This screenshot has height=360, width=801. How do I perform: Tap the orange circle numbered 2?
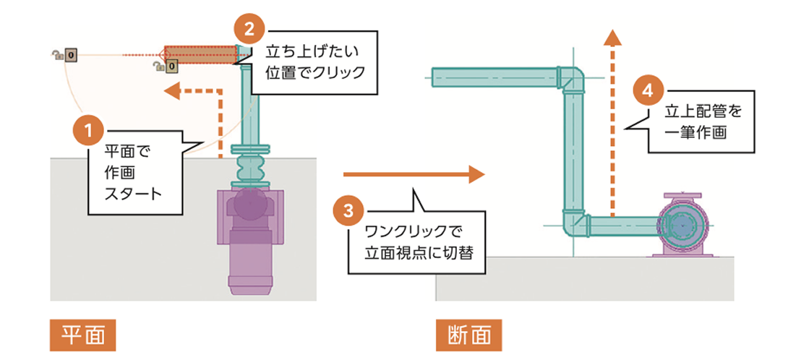tap(250, 30)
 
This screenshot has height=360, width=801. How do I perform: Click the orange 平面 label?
tap(83, 334)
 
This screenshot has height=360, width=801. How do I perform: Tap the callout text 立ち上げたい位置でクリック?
tap(315, 62)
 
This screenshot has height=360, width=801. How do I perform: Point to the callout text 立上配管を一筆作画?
tap(695, 121)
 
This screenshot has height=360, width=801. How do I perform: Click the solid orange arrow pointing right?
tap(413, 173)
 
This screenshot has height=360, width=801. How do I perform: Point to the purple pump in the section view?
tap(681, 226)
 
